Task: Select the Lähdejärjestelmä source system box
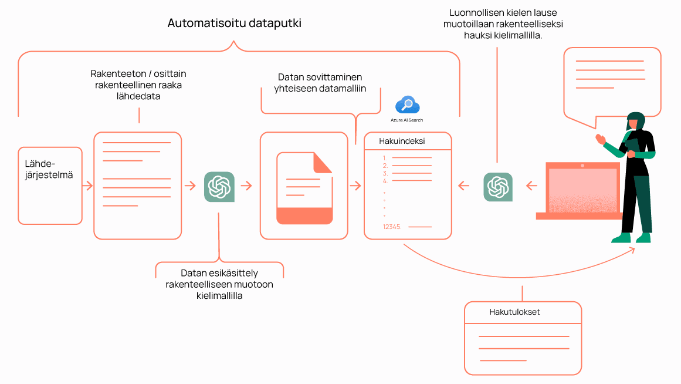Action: point(50,185)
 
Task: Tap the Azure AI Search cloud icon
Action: point(407,105)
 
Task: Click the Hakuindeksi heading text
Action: point(402,142)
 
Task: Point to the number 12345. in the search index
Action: point(392,227)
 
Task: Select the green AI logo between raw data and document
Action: point(219,187)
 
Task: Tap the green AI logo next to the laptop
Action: point(498,187)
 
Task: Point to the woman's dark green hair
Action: point(637,120)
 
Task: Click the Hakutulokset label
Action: point(514,312)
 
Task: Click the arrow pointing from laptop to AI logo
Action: point(531,186)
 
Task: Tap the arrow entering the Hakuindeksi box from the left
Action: point(355,186)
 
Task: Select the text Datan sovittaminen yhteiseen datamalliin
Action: point(320,83)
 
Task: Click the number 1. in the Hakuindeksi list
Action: point(385,158)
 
